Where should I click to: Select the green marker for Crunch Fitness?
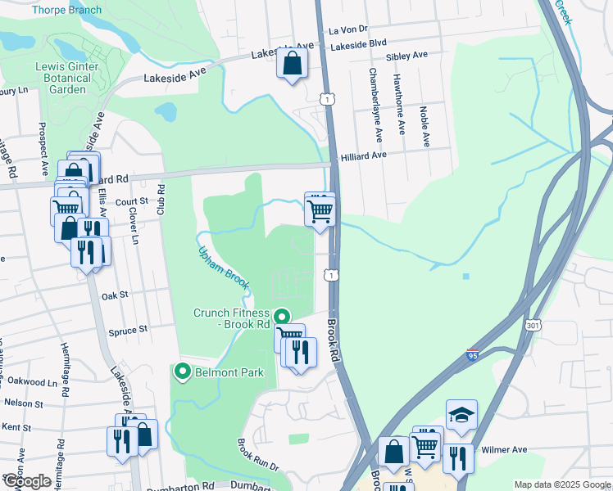(x=281, y=316)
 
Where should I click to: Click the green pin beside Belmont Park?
(x=182, y=372)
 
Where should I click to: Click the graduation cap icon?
(x=461, y=416)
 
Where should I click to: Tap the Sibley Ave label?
(x=406, y=55)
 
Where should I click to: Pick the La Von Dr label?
(x=345, y=29)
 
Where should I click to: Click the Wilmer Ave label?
(x=509, y=449)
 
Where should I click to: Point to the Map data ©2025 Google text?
(x=563, y=484)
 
